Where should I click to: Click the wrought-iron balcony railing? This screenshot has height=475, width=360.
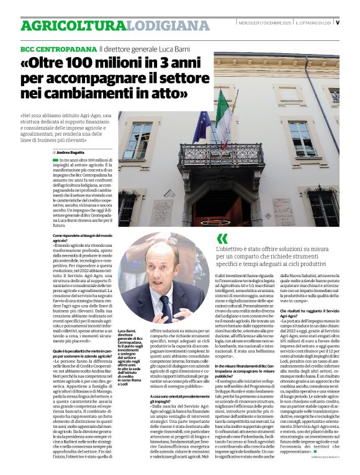point(221,154)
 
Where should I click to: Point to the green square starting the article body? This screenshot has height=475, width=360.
point(55,160)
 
